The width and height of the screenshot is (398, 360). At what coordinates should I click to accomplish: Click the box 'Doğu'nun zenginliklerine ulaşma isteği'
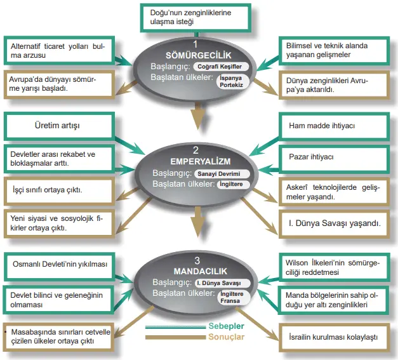pyautogui.click(x=196, y=17)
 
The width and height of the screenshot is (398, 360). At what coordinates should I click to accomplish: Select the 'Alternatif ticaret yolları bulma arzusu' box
pyautogui.click(x=56, y=51)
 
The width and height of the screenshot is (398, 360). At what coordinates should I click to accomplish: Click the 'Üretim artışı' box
pyautogui.click(x=57, y=126)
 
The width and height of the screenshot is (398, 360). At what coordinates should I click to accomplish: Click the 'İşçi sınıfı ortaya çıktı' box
pyautogui.click(x=57, y=190)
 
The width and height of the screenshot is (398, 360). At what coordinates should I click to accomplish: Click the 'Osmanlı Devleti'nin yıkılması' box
pyautogui.click(x=57, y=264)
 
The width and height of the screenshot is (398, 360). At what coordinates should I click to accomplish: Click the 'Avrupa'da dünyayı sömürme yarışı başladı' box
pyautogui.click(x=56, y=84)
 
